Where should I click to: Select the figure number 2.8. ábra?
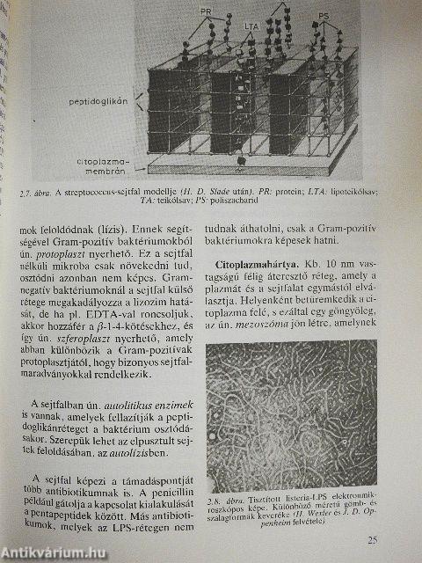pos(243,487)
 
